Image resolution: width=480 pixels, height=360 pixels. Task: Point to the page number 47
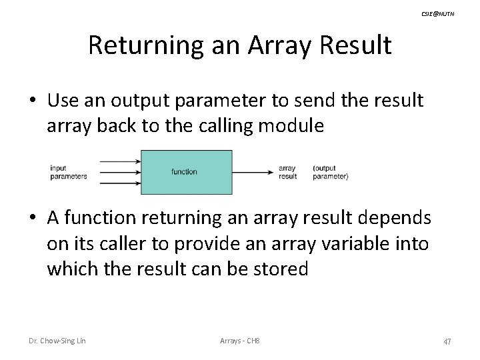[447, 341]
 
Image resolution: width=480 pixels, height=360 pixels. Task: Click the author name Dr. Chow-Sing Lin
[57, 341]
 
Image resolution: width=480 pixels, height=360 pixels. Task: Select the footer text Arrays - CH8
[239, 341]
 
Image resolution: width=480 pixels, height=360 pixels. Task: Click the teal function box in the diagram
[186, 172]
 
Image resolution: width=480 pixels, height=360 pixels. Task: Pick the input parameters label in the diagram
[69, 172]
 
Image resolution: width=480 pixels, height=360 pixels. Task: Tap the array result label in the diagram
[288, 172]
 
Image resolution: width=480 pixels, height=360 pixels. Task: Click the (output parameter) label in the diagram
[330, 172]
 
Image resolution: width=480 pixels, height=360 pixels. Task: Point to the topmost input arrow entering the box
[120, 161]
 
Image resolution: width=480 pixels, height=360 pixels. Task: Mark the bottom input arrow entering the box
[120, 183]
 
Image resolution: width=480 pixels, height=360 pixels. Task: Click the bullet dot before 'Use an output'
[33, 101]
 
